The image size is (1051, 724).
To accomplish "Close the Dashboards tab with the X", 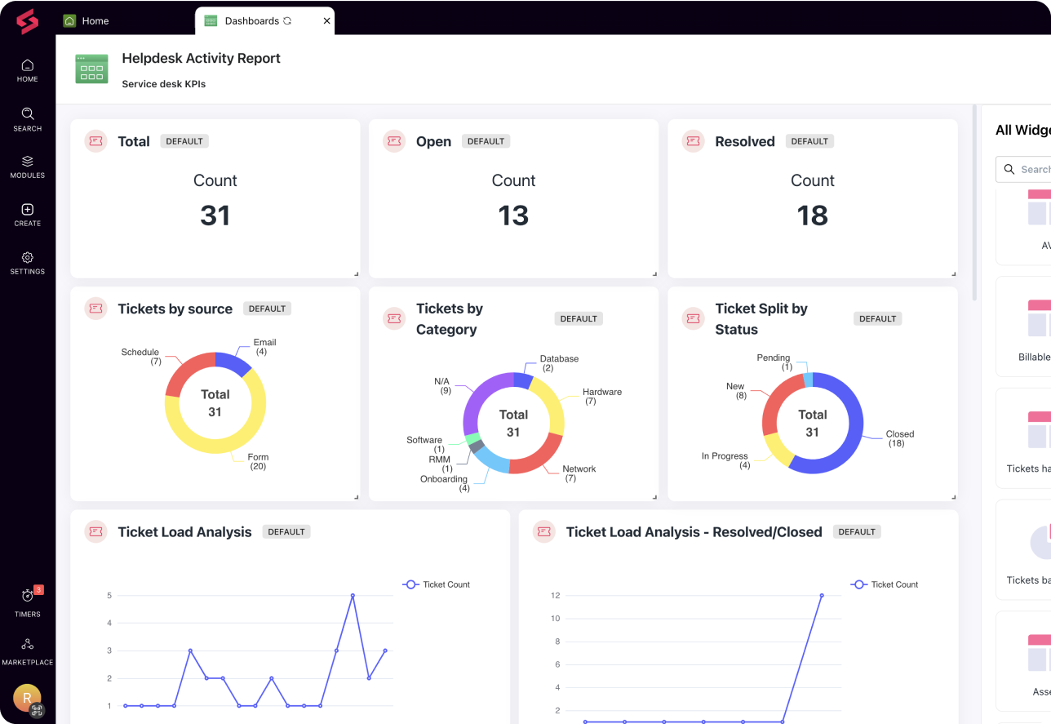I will [x=326, y=20].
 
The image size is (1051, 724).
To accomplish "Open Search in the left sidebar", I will [x=27, y=119].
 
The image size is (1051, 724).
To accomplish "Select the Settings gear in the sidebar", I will [x=27, y=262].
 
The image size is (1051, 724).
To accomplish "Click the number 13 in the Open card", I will [x=513, y=215].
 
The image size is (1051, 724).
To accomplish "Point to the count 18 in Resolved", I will [x=812, y=215].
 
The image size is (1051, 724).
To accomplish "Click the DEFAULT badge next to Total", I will [x=184, y=141].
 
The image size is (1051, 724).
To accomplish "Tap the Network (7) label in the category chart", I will [x=579, y=473].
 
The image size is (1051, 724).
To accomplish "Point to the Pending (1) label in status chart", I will [x=773, y=362].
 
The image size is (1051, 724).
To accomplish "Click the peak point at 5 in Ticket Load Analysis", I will [x=353, y=595].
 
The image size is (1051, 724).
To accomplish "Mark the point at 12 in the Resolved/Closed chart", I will [x=821, y=595].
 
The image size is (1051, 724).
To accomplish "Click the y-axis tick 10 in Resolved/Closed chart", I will [x=556, y=618].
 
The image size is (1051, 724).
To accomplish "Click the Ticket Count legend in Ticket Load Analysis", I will [x=437, y=584].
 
